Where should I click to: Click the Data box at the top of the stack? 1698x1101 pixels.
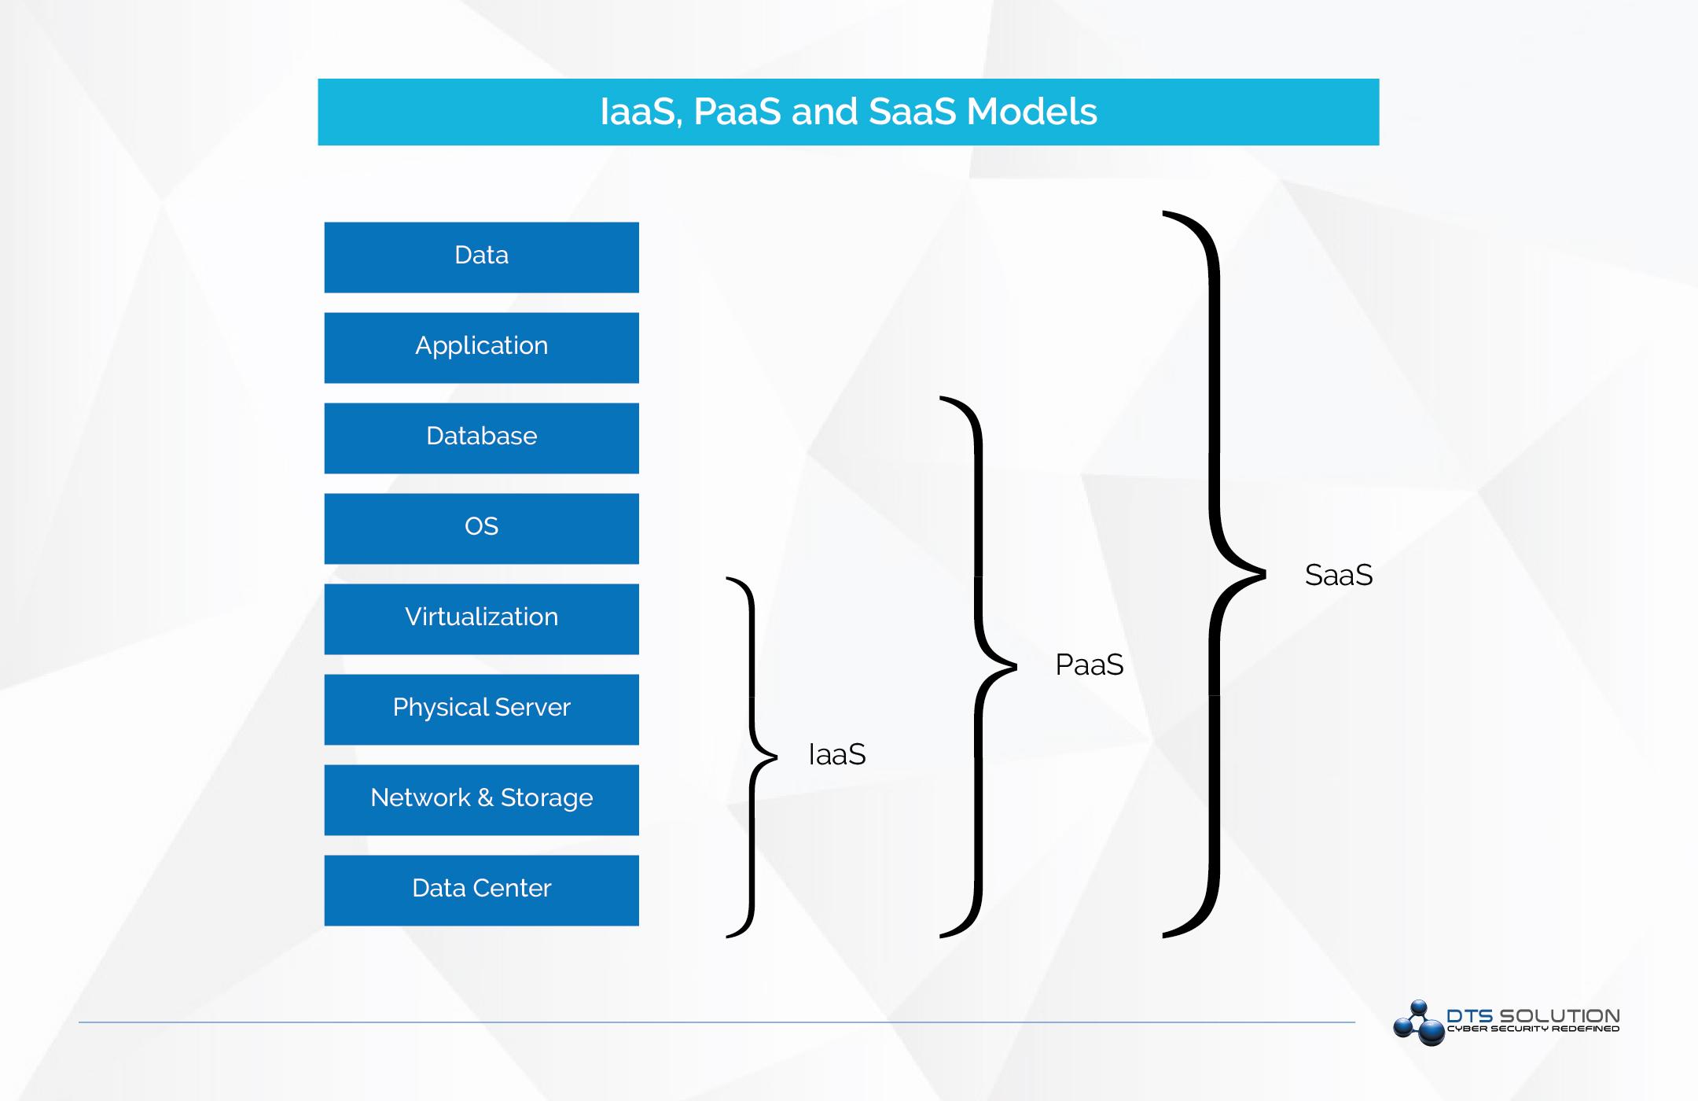[481, 257]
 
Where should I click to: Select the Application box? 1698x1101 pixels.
[481, 348]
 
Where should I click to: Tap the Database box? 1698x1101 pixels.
[481, 438]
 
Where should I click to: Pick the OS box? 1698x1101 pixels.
[481, 528]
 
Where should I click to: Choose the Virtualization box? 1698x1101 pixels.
[481, 619]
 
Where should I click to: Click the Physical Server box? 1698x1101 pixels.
[481, 709]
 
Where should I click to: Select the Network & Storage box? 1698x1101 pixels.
[481, 800]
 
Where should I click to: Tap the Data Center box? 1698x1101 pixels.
[481, 890]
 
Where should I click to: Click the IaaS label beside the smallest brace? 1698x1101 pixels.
[837, 755]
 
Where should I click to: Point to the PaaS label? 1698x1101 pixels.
[1089, 665]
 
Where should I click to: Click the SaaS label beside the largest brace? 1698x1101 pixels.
[1338, 576]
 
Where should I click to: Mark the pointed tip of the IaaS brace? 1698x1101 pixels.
[775, 757]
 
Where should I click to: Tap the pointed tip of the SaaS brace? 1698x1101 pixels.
[1263, 575]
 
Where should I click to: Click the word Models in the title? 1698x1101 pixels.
[1031, 112]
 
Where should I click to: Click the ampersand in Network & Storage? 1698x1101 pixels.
[485, 798]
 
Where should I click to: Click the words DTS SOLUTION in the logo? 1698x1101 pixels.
[1533, 1015]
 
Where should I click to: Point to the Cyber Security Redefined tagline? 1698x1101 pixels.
[1533, 1029]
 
